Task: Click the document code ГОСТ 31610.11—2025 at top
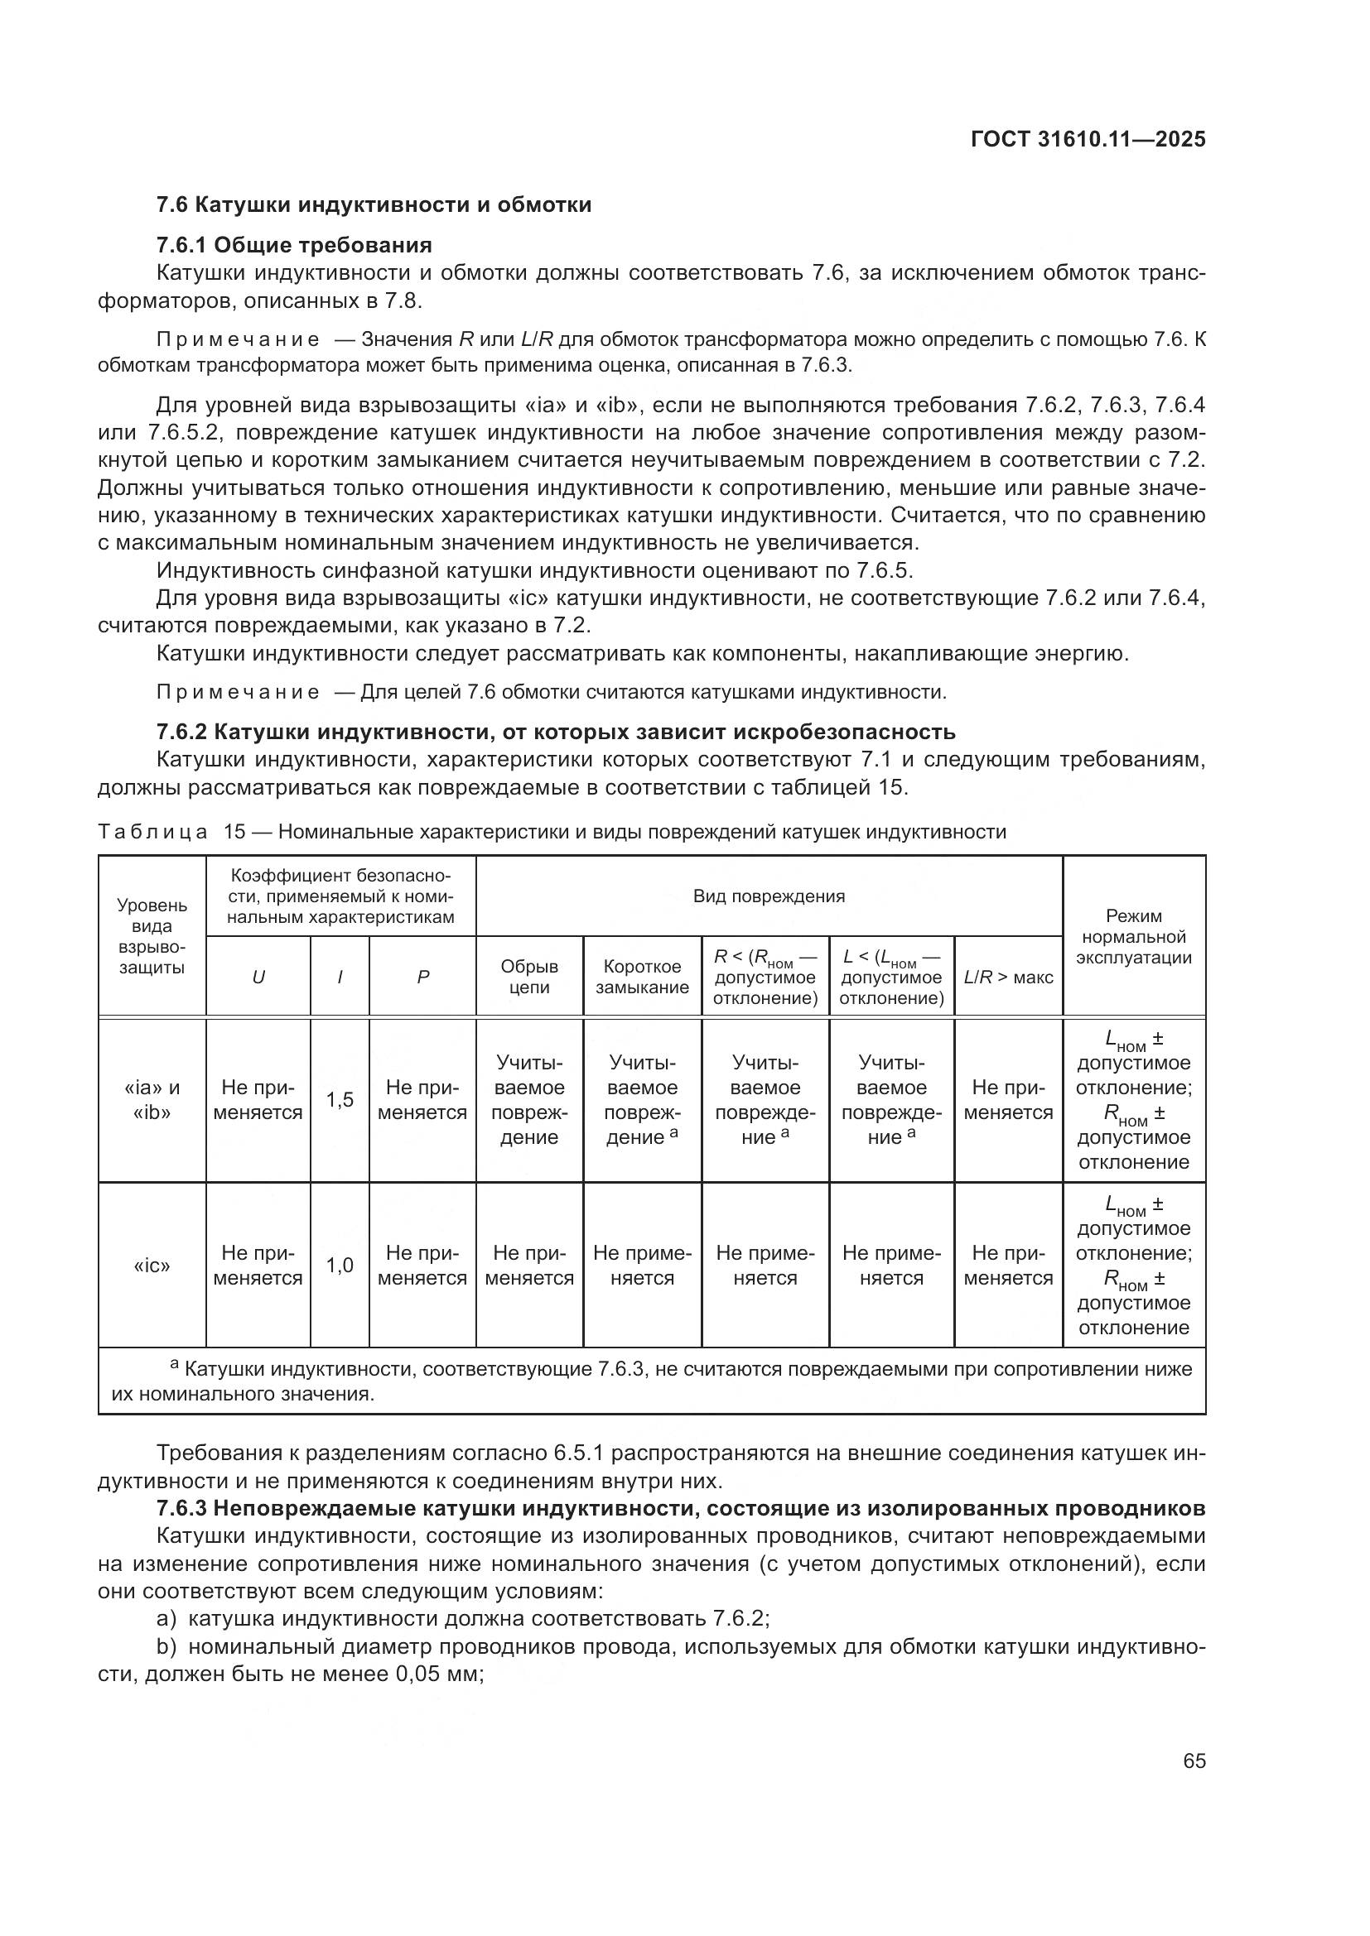pyautogui.click(x=1088, y=139)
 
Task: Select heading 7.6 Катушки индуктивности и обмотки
pyautogui.click(x=374, y=205)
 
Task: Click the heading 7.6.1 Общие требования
pyautogui.click(x=294, y=245)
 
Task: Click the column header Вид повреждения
pyautogui.click(x=769, y=896)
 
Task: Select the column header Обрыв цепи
pyautogui.click(x=529, y=977)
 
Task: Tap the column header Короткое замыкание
pyautogui.click(x=642, y=977)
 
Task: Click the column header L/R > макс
pyautogui.click(x=1008, y=978)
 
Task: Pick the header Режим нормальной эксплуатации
pyautogui.click(x=1133, y=936)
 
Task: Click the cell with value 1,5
pyautogui.click(x=340, y=1099)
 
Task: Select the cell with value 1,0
pyautogui.click(x=340, y=1265)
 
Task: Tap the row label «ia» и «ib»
pyautogui.click(x=152, y=1099)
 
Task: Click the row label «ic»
pyautogui.click(x=152, y=1266)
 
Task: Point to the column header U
pyautogui.click(x=258, y=978)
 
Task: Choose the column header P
pyautogui.click(x=422, y=978)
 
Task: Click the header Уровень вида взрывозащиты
pyautogui.click(x=152, y=936)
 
